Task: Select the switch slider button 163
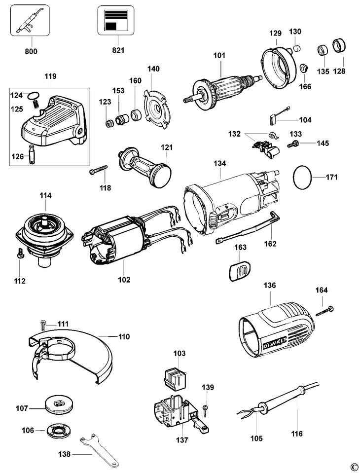point(240,270)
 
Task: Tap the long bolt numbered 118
point(99,171)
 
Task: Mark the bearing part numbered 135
point(323,51)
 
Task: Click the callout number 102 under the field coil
point(124,280)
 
